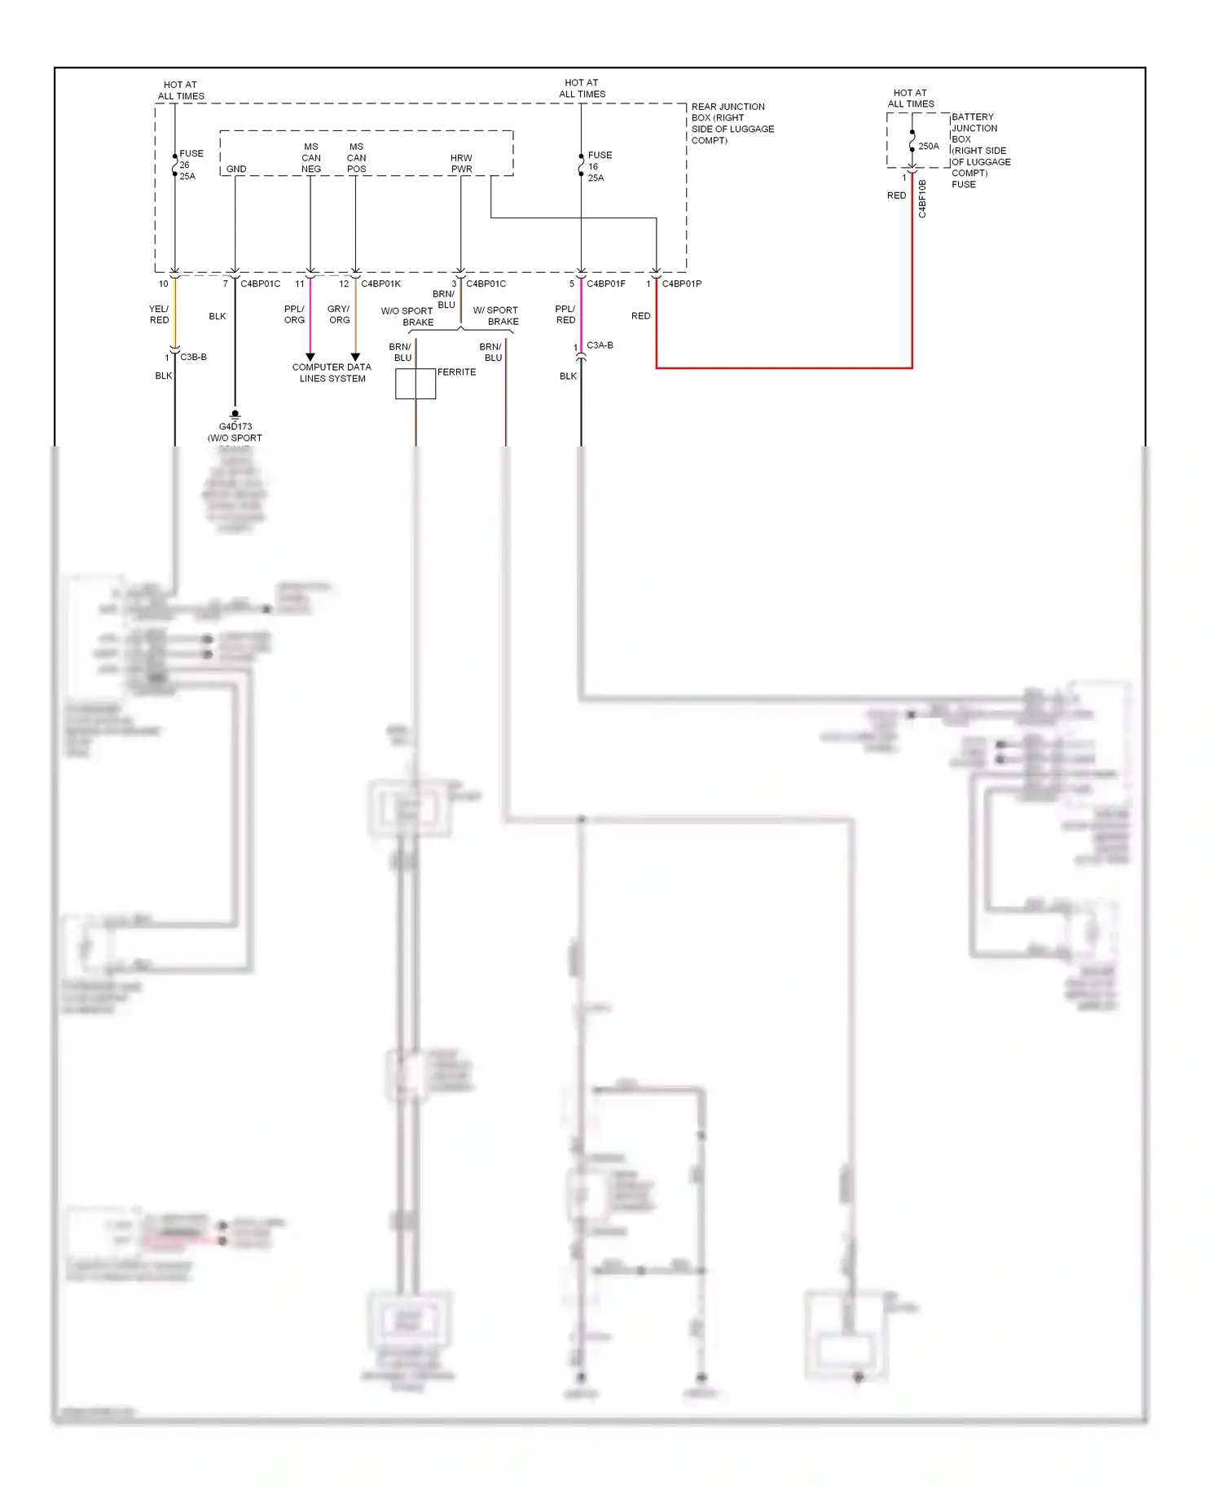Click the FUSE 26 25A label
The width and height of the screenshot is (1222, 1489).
click(190, 165)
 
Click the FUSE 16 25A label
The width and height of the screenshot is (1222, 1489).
click(599, 166)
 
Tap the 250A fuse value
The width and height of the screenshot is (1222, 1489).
click(929, 147)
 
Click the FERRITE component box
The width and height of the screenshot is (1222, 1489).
click(415, 384)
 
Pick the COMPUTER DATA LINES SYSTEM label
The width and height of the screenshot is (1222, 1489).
click(332, 372)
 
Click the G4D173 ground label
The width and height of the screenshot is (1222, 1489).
click(235, 426)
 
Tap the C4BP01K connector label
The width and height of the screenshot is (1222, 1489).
click(380, 283)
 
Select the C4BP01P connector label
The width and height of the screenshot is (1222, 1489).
click(681, 283)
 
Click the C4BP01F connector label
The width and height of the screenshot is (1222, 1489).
click(605, 283)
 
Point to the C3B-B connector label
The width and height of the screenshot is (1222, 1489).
click(193, 357)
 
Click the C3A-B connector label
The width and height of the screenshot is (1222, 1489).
click(600, 345)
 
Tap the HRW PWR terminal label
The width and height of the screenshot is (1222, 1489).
click(461, 164)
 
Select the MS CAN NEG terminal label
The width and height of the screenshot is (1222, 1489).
click(311, 158)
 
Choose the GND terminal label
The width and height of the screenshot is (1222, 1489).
click(236, 169)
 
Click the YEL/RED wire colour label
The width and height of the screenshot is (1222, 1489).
click(159, 314)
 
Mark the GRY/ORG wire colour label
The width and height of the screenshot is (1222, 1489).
click(339, 314)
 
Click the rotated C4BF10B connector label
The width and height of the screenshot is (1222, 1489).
click(922, 199)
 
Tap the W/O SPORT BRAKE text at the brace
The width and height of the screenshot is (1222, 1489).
click(407, 316)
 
